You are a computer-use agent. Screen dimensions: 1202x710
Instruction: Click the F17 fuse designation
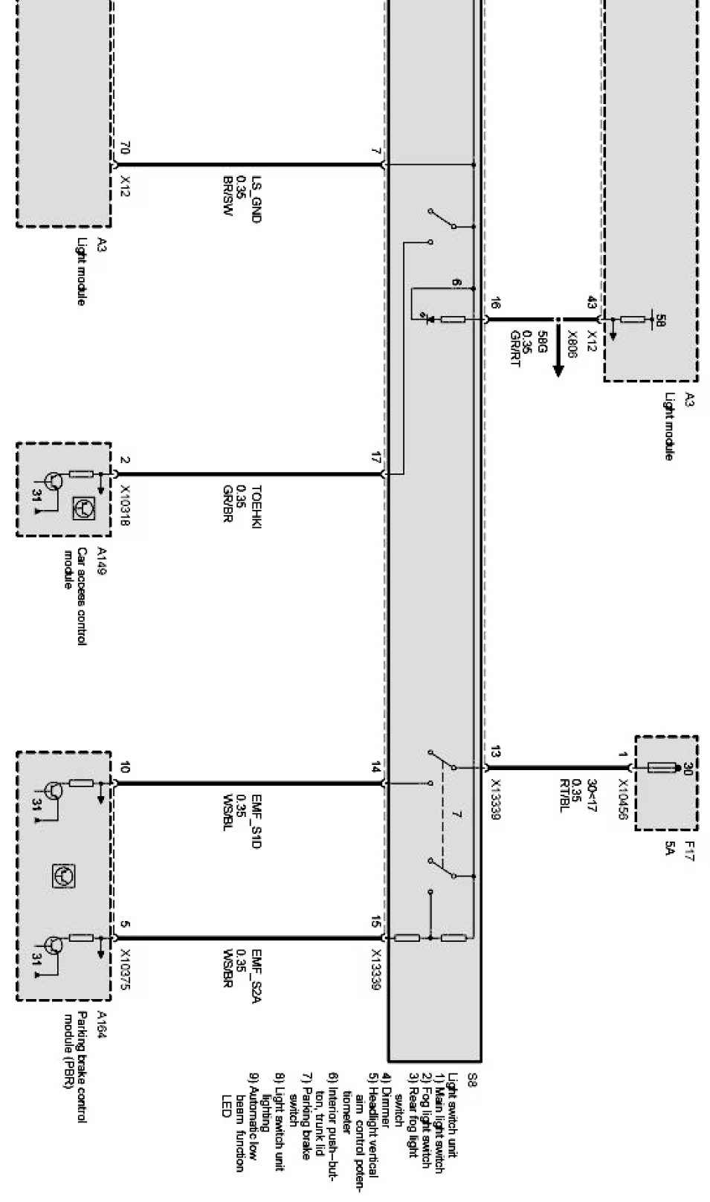click(689, 847)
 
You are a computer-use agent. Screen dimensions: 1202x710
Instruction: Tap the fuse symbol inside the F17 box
click(662, 767)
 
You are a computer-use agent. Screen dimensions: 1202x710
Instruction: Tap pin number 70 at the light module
click(125, 149)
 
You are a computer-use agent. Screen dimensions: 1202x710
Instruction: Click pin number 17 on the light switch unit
click(376, 458)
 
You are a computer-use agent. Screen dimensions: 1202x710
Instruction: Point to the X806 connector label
click(572, 345)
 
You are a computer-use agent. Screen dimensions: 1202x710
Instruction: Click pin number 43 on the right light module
click(592, 303)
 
